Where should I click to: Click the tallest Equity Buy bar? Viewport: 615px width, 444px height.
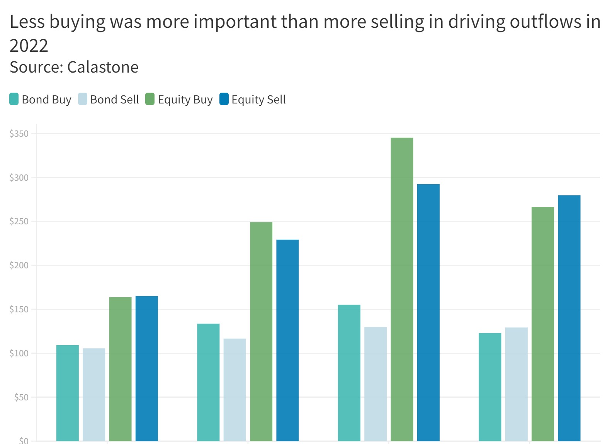pos(402,289)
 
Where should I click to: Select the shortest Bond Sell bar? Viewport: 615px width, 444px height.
pos(94,394)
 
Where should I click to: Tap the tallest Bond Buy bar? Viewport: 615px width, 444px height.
pos(349,373)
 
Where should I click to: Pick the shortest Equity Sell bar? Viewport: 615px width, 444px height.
pos(147,368)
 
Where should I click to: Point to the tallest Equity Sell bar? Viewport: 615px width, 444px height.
pos(428,312)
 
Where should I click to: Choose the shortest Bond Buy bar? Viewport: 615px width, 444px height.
pos(68,393)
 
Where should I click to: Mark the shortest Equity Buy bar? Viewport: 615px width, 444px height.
pos(120,369)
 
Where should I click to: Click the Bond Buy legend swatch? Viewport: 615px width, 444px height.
pos(14,99)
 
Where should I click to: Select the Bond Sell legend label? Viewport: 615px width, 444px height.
pos(114,100)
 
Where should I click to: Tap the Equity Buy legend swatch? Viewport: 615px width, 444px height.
pos(150,99)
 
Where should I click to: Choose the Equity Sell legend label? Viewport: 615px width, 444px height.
pos(258,100)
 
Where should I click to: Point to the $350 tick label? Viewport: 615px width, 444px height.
pos(19,134)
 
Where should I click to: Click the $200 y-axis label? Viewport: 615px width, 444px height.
pos(19,265)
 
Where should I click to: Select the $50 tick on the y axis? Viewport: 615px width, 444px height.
pos(21,397)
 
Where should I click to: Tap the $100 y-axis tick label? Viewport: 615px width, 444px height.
pos(19,353)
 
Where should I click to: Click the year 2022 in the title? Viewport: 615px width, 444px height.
pos(29,46)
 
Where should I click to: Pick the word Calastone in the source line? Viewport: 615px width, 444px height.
pos(103,67)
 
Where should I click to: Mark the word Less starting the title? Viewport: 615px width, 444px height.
pos(27,22)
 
